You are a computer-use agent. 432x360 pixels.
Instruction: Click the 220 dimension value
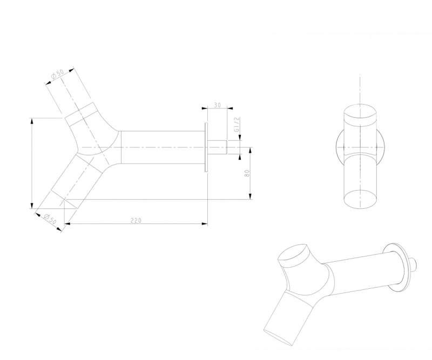point(136,220)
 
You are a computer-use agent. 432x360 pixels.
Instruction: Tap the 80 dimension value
point(247,173)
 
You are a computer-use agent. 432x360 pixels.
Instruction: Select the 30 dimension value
point(218,105)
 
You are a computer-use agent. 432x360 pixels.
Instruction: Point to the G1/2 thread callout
point(237,125)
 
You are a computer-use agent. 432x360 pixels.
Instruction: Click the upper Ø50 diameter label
point(58,74)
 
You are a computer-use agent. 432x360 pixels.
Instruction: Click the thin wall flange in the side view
point(206,147)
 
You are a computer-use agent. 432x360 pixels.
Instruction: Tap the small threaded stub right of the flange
point(217,147)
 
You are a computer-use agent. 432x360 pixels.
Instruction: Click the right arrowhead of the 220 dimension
point(205,223)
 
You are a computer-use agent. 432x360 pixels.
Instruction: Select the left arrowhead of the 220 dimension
point(67,223)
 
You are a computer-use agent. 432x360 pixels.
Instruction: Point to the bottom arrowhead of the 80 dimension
point(250,196)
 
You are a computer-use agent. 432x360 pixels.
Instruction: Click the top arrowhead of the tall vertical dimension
point(32,121)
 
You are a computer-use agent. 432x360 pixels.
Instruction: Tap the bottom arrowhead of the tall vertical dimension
point(32,205)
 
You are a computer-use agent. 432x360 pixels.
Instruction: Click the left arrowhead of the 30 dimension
point(205,108)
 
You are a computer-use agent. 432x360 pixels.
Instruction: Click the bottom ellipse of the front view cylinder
point(360,199)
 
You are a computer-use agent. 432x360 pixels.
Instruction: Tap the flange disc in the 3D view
point(396,267)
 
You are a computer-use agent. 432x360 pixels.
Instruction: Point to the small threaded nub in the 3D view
point(413,264)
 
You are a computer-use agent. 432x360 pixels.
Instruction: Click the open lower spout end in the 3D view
point(278,337)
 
